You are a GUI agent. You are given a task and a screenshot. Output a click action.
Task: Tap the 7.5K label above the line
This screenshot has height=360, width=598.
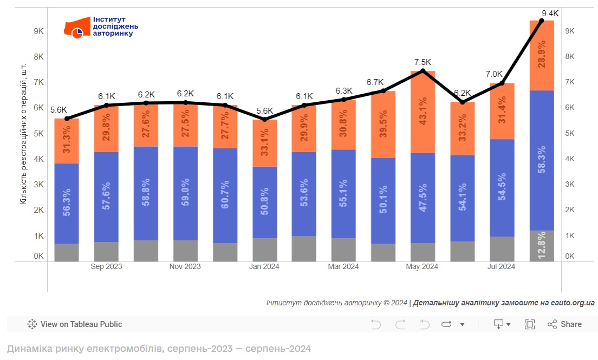coord(423,62)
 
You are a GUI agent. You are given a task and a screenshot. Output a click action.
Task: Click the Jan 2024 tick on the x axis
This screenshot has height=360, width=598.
coord(265,266)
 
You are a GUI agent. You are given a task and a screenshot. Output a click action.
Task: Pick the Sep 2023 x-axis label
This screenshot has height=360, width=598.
coord(106,266)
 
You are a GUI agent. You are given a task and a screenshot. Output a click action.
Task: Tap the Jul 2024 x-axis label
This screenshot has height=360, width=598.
coord(502,266)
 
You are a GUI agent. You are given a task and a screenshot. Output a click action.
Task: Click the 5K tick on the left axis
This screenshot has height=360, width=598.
coord(39,133)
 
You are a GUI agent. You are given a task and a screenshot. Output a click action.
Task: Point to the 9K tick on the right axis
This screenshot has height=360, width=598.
coord(569,31)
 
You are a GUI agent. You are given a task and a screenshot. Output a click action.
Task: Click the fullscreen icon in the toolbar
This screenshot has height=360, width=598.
coord(530,324)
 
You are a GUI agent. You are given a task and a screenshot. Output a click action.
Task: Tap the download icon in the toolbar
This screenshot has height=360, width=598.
coord(499,324)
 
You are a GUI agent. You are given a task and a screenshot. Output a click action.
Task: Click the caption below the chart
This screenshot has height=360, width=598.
coord(159,349)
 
